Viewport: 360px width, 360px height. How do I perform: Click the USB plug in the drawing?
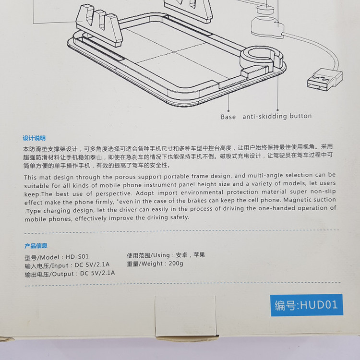click(x=324, y=80)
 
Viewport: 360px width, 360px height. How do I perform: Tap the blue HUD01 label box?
click(x=307, y=305)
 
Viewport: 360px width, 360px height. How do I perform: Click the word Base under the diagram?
click(x=228, y=117)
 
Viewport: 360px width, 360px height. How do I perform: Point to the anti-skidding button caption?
click(x=277, y=116)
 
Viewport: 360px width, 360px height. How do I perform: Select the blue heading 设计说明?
click(x=34, y=138)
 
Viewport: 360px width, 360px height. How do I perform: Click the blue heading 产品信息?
click(x=36, y=246)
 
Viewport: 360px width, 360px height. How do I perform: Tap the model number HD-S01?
click(x=77, y=256)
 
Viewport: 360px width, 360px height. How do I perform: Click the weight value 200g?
click(x=176, y=264)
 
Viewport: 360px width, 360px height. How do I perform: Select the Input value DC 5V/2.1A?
click(x=92, y=265)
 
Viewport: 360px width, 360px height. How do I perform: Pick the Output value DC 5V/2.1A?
click(x=97, y=273)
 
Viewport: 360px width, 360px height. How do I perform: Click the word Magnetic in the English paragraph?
click(x=297, y=200)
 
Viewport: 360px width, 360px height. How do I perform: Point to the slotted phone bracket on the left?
click(x=99, y=25)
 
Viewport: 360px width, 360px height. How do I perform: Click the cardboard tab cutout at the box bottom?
click(x=185, y=316)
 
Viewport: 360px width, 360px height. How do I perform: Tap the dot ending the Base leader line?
click(x=228, y=111)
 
